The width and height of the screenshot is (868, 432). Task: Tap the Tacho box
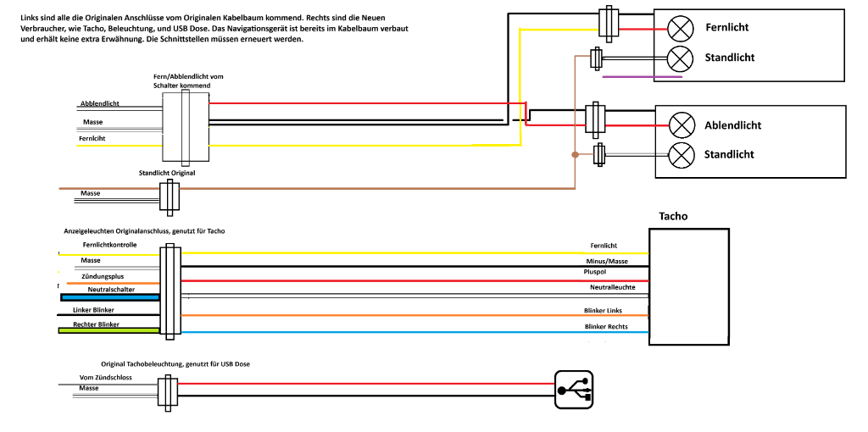pos(688,285)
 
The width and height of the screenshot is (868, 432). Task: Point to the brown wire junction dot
pos(576,155)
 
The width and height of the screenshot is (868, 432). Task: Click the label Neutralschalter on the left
pos(111,290)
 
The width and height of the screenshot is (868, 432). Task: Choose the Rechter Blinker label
pos(96,324)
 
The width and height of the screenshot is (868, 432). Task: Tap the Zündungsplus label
pos(103,276)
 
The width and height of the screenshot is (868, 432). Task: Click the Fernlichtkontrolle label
pos(110,245)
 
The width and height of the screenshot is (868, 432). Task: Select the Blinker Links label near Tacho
pos(603,311)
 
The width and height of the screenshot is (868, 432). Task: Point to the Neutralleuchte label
pos(606,288)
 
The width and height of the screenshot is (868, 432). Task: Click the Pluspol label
pos(597,273)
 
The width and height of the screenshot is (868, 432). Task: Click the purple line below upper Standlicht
pos(642,77)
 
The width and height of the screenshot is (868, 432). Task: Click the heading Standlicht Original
pos(167,173)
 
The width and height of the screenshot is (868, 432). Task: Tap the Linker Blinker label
pos(94,309)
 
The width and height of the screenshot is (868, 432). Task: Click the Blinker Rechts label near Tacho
pos(605,326)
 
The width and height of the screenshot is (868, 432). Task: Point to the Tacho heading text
pos(674,216)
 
